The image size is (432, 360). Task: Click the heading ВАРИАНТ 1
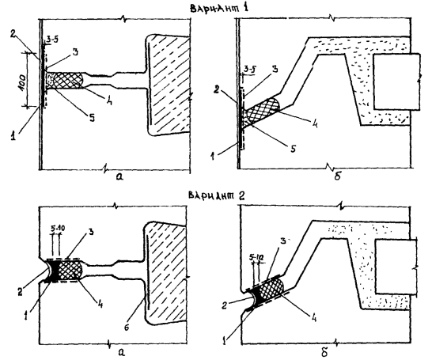point(219,7)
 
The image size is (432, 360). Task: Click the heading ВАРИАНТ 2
point(216,195)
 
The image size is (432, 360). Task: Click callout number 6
point(127,328)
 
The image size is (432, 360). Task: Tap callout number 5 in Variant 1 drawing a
point(92,118)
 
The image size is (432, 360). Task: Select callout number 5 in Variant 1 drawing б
point(293,149)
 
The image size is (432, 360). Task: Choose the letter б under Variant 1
point(337,176)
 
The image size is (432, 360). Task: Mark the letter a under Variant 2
point(120,352)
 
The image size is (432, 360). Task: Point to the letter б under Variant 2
point(324,352)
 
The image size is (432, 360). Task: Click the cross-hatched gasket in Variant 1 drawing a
point(68,81)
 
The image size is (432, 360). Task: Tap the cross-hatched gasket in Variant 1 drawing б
point(263,111)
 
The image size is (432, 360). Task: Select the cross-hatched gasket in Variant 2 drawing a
point(70,271)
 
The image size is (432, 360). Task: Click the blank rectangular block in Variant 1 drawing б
point(397,81)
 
